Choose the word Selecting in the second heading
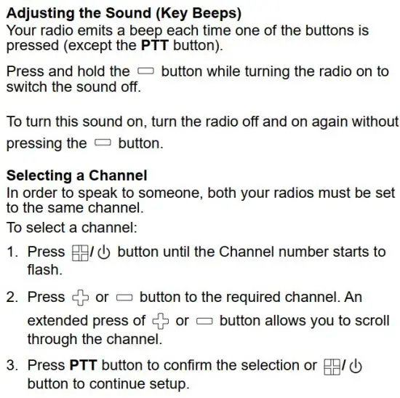pos(36,175)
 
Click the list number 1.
pos(11,252)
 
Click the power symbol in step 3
pos(356,366)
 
